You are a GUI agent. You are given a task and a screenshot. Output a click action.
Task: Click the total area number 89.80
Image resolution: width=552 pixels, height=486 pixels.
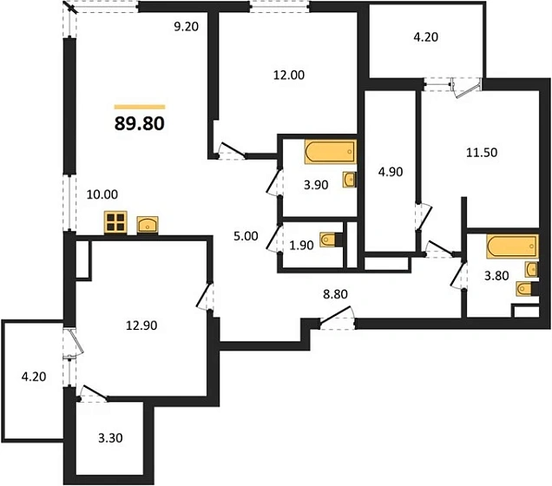coord(140,123)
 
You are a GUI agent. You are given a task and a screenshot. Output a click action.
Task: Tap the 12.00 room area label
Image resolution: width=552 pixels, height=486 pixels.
coord(289,75)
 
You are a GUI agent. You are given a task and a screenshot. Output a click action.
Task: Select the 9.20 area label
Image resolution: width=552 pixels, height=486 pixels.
coord(187,26)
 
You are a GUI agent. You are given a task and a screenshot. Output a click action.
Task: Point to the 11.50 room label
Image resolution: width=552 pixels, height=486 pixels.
coord(482,153)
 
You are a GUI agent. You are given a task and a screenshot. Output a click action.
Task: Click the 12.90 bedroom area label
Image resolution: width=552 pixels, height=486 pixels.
coord(141,325)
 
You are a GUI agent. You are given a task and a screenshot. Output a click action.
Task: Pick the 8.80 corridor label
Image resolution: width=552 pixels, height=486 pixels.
coord(335,294)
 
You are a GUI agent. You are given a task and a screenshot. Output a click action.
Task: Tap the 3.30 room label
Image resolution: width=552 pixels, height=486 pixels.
coord(110,438)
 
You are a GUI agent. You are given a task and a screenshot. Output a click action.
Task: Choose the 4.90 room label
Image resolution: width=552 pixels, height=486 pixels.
coord(391,172)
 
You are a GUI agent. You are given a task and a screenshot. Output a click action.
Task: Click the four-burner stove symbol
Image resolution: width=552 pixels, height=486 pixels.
coord(115,222)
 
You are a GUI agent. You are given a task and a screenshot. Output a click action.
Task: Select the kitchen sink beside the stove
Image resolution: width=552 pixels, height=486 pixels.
coord(148,226)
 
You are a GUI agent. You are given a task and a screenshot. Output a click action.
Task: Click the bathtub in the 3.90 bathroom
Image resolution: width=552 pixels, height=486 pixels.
coord(330,152)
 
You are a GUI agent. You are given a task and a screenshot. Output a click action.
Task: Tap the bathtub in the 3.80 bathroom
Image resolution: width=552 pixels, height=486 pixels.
coord(513,246)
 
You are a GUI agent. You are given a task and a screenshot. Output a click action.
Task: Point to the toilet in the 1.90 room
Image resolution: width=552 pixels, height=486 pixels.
coord(331,240)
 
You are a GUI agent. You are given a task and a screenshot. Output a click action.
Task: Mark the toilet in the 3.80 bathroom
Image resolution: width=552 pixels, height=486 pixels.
coord(528,289)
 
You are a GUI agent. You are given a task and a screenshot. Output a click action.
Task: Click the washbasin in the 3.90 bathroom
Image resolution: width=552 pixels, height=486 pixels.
coord(349,180)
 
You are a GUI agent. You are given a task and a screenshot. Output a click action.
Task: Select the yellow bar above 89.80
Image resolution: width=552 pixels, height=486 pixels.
coord(140,107)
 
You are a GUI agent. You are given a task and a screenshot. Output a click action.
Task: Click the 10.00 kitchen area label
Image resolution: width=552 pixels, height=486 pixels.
coord(102,194)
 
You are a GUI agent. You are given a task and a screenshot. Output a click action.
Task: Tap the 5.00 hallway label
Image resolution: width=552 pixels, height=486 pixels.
coord(246,236)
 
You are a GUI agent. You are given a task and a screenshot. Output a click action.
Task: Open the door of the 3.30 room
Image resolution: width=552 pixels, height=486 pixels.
coord(92,393)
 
